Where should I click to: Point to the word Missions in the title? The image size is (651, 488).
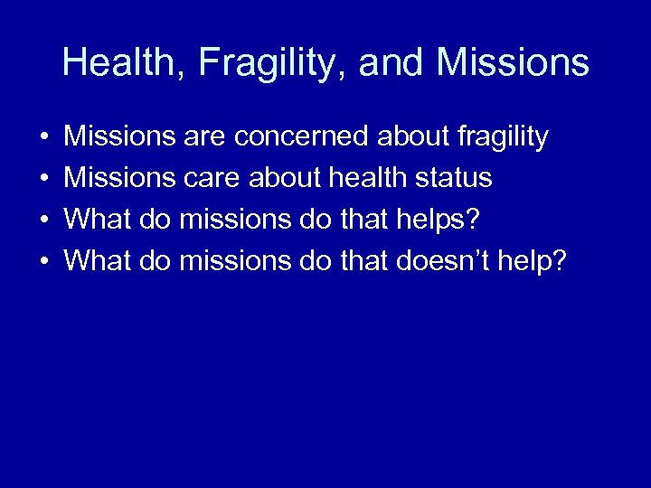coord(513,63)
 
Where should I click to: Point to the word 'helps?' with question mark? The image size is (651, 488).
coord(442,220)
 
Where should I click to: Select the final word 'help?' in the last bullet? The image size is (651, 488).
coord(537,261)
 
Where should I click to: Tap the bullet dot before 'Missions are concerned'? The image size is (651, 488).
coord(43,138)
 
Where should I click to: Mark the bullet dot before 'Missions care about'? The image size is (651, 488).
coord(43,179)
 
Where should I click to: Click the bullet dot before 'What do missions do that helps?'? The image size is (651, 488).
coord(43,221)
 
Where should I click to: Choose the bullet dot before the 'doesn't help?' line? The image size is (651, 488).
coord(43,262)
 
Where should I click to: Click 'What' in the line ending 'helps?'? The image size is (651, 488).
coord(99,220)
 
